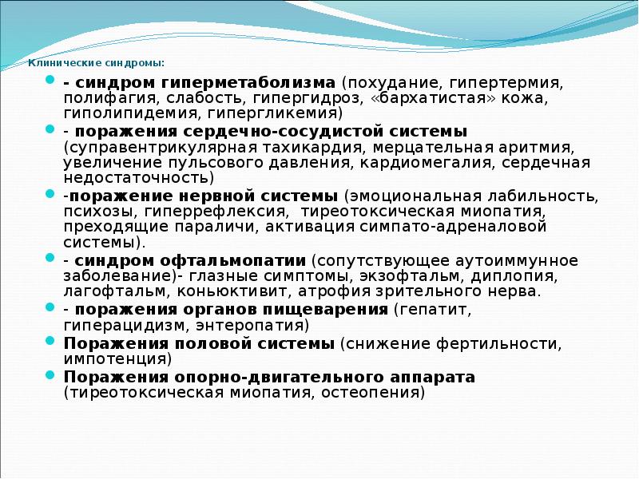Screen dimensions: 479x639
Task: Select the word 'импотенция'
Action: point(117,359)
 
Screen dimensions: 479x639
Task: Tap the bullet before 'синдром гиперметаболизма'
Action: point(50,81)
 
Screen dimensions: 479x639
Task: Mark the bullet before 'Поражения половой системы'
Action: point(50,342)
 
